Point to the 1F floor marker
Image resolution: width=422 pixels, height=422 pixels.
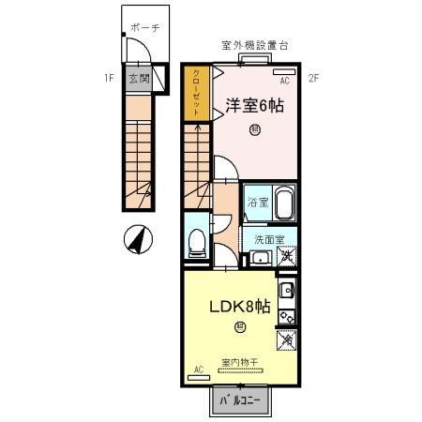[110, 78]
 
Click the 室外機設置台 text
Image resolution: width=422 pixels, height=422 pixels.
[252, 45]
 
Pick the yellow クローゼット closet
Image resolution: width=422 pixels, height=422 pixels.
[197, 93]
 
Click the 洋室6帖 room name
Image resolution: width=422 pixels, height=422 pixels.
[255, 106]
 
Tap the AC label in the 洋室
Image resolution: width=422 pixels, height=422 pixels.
[284, 82]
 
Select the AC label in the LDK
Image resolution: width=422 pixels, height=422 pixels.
[198, 369]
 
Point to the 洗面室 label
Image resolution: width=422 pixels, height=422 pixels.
[270, 239]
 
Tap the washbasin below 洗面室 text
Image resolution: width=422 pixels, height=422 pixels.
[263, 257]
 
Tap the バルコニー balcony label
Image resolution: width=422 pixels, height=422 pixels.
[240, 400]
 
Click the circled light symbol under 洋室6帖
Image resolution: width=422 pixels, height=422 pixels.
[255, 131]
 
